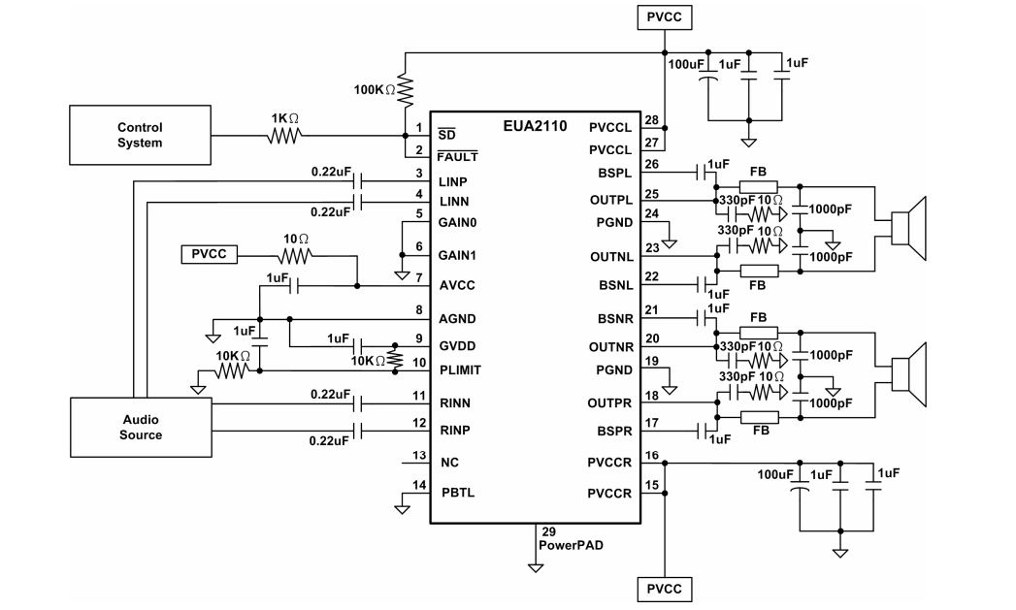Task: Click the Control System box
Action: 140,135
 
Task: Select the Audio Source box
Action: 141,428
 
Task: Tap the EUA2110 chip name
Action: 535,126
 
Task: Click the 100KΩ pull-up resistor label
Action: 375,90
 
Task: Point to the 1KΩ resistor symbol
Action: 284,136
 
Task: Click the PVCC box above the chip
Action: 664,17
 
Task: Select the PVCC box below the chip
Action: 664,589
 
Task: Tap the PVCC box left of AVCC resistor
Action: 209,254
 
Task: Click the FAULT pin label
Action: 457,157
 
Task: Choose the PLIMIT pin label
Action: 460,369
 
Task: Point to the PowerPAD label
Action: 571,545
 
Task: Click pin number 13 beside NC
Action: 419,455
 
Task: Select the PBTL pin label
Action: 458,492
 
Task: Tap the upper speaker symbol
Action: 908,229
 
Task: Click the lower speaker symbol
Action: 908,375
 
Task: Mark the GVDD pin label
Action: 457,346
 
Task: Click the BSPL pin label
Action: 614,174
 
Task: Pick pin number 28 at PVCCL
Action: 652,120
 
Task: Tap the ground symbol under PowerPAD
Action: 536,568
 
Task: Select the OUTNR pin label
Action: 611,347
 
